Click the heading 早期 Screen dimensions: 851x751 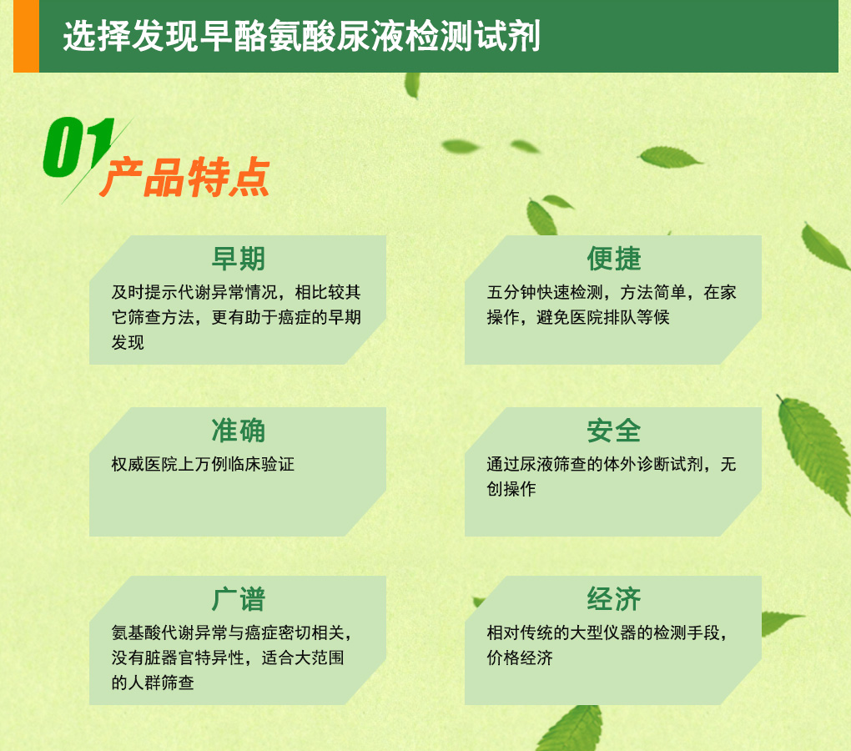(x=239, y=259)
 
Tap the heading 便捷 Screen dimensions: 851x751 (x=614, y=259)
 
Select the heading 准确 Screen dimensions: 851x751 (x=239, y=431)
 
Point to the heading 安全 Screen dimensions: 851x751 (x=614, y=431)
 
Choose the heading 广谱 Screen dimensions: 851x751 (x=239, y=600)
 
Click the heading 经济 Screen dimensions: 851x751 (x=614, y=600)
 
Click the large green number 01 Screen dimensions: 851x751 (x=78, y=147)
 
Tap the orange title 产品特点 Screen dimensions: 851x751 (x=184, y=178)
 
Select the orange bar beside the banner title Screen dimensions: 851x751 (x=26, y=36)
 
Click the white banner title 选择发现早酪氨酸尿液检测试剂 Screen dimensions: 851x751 (x=302, y=37)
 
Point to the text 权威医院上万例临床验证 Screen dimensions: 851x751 (x=203, y=465)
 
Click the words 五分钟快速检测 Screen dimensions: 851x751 (x=544, y=293)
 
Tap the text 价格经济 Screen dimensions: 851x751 (x=520, y=658)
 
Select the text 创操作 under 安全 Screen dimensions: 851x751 (x=511, y=489)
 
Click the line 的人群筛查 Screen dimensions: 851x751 (x=153, y=683)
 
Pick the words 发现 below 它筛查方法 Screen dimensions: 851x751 (x=128, y=342)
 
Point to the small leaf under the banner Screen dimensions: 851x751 (x=412, y=85)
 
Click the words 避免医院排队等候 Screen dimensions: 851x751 (x=603, y=317)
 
